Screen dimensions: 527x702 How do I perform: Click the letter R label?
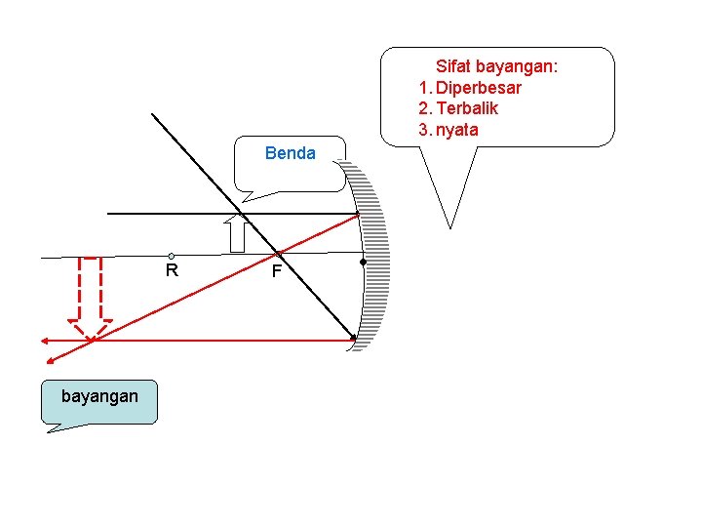click(172, 270)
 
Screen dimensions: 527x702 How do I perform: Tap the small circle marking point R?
click(171, 257)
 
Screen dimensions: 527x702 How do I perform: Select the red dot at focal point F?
click(278, 255)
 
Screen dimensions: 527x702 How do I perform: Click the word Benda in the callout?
click(291, 153)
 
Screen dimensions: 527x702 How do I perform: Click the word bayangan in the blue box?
click(99, 396)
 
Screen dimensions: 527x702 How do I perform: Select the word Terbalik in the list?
click(467, 108)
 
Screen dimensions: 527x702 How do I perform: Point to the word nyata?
click(457, 130)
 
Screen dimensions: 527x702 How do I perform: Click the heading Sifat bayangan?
click(496, 66)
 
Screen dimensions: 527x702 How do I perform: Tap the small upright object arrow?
click(235, 234)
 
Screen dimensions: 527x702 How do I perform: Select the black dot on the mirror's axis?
click(363, 263)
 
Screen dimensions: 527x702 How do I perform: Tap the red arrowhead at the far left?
click(45, 341)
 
